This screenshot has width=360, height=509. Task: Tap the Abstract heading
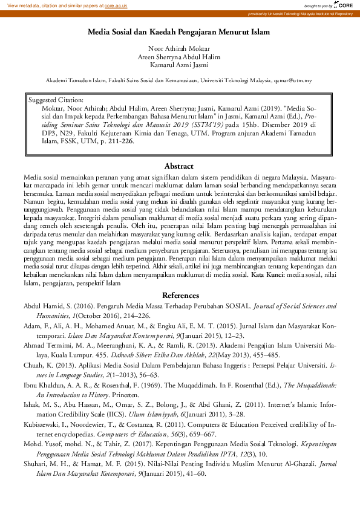179,166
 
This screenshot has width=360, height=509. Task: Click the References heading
179,296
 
